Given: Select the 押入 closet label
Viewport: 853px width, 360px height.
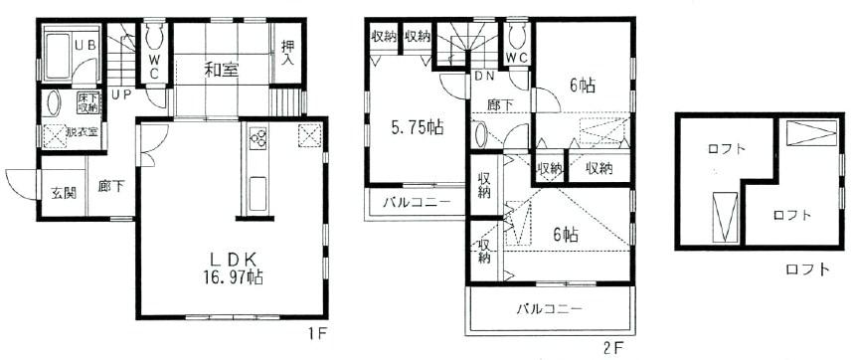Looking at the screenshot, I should pos(287,53).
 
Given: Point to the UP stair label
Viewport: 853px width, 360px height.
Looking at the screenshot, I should pos(121,95).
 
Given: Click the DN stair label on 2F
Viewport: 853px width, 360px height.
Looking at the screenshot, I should pos(456,76).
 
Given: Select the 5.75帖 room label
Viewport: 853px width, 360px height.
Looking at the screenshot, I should pos(417,128).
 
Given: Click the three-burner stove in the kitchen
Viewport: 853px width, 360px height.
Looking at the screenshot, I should pos(256,137).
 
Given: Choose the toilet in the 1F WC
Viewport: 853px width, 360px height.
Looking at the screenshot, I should pos(156,41).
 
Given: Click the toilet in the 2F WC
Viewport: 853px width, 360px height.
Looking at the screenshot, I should pos(517,37).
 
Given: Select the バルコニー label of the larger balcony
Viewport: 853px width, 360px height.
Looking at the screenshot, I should pos(549,309).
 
